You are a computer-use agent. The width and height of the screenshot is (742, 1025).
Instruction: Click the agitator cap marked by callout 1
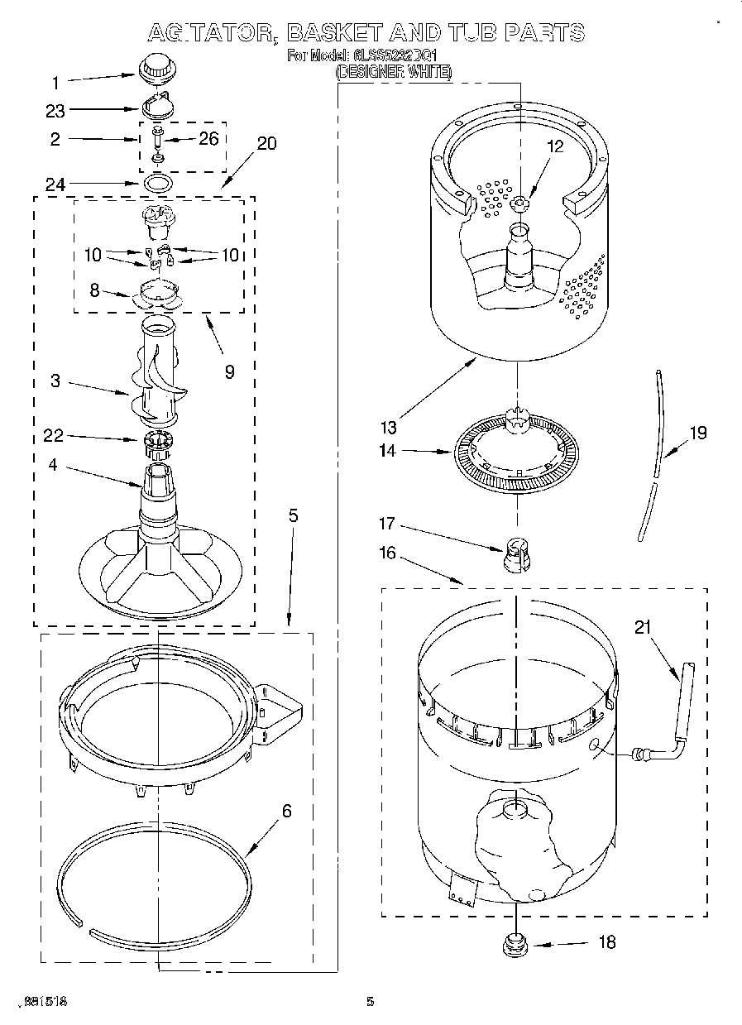pyautogui.click(x=153, y=68)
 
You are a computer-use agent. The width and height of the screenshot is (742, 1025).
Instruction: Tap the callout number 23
pyautogui.click(x=55, y=109)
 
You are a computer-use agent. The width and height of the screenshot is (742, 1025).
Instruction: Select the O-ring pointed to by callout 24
pyautogui.click(x=160, y=182)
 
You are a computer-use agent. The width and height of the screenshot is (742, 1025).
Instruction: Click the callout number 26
pyautogui.click(x=209, y=138)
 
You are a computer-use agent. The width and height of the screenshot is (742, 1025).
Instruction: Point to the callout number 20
pyautogui.click(x=266, y=143)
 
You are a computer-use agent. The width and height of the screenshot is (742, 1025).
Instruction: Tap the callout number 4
pyautogui.click(x=54, y=466)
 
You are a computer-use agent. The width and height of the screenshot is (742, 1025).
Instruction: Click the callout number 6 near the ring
pyautogui.click(x=286, y=812)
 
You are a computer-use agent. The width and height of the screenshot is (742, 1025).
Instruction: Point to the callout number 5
pyautogui.click(x=293, y=515)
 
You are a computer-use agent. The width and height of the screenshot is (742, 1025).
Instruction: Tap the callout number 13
pyautogui.click(x=389, y=427)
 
